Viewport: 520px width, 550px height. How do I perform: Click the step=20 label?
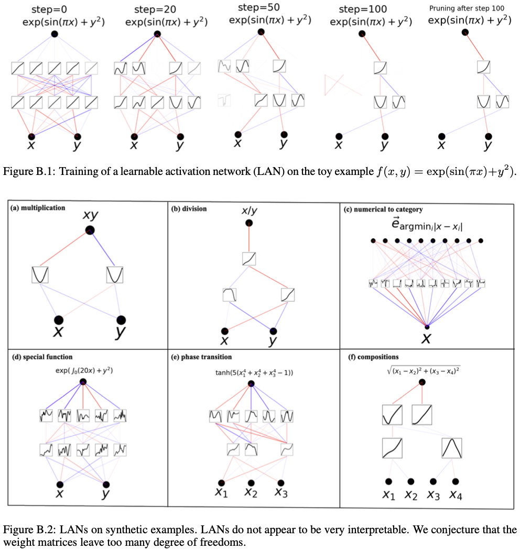click(x=151, y=9)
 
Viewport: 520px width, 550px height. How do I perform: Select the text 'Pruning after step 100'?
click(x=466, y=8)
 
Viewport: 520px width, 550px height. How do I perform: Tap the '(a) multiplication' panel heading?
click(x=38, y=208)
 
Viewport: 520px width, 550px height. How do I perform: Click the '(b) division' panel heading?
click(x=190, y=208)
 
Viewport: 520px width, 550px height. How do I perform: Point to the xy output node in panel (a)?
click(x=90, y=229)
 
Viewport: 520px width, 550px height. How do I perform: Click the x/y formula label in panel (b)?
click(x=249, y=210)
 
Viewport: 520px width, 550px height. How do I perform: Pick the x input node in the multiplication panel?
click(x=59, y=320)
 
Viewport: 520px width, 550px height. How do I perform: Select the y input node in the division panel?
click(x=273, y=331)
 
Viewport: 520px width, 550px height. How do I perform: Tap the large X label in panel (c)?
click(x=427, y=338)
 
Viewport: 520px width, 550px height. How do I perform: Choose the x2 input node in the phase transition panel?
click(x=252, y=483)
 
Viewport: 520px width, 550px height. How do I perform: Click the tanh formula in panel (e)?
click(x=251, y=373)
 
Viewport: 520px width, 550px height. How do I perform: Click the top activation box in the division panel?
click(x=249, y=258)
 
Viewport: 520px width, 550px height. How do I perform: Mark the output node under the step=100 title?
click(x=361, y=34)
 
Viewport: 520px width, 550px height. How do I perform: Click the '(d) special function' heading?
click(x=43, y=357)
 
